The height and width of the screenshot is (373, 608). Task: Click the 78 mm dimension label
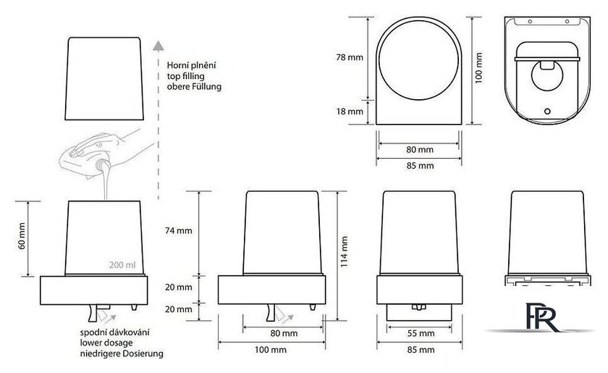click(x=350, y=57)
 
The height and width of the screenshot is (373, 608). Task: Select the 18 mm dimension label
click(x=350, y=112)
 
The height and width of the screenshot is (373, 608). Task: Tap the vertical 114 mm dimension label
click(x=344, y=252)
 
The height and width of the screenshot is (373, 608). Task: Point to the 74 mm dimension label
click(x=178, y=230)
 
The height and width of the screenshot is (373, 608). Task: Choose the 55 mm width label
click(x=421, y=333)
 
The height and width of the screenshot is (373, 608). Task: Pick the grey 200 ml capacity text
click(x=122, y=265)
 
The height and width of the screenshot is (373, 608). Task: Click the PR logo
click(x=542, y=317)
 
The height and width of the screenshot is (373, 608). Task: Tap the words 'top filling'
click(x=186, y=76)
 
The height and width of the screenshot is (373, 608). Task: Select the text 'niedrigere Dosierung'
click(x=122, y=354)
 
